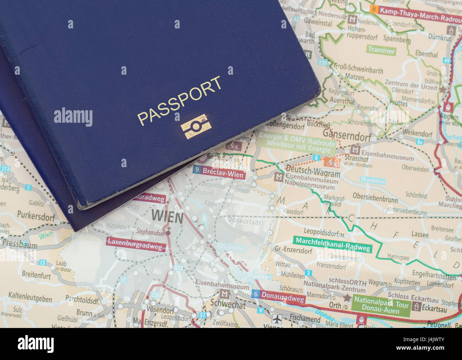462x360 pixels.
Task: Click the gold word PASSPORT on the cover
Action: pos(179,101)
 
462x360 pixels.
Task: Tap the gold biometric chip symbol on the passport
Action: pos(196,126)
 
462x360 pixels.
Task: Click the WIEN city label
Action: pos(167,216)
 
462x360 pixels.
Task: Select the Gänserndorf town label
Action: pos(346,133)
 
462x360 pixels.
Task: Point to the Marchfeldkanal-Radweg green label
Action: pos(333,244)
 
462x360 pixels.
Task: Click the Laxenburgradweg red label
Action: pos(136,244)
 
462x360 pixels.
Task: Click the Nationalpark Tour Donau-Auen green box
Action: pos(381,305)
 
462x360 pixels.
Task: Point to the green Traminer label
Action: pos(381,50)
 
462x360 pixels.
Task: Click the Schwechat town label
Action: pos(228,304)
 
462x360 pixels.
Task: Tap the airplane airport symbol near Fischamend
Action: pos(277,318)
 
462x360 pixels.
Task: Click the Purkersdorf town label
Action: pos(36,216)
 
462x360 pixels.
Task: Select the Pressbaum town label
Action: pos(20,244)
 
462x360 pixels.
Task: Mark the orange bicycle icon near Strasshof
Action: pos(332,163)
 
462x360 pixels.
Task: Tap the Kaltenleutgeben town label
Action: pos(30,296)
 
